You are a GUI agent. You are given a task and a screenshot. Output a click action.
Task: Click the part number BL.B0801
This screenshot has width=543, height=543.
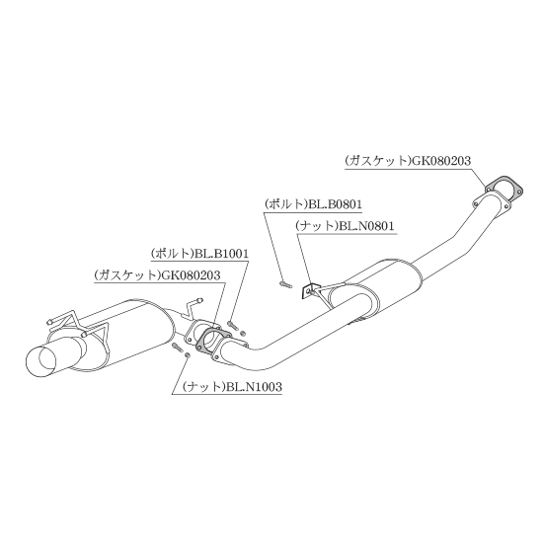(335, 204)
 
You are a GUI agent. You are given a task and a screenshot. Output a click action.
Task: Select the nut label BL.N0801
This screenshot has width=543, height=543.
(366, 226)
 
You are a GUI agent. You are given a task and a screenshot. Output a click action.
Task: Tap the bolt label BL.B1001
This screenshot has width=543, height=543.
(221, 254)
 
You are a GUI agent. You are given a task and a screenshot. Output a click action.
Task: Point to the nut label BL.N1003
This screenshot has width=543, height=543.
(254, 386)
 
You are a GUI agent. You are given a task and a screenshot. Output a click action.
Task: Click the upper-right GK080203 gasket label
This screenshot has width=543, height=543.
(440, 161)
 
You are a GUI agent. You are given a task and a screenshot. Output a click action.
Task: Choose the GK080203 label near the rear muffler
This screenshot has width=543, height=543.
(191, 275)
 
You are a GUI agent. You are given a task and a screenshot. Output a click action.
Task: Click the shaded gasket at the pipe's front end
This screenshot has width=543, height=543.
(504, 188)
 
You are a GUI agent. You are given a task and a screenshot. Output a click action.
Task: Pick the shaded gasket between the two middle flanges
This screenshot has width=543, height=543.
(212, 341)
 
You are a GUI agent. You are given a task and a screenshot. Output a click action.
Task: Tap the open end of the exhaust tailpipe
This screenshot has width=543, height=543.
(40, 360)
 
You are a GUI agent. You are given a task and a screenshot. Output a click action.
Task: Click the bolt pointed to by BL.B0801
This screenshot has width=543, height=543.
(285, 284)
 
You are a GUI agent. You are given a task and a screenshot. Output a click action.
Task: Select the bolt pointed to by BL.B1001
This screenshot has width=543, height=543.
(233, 325)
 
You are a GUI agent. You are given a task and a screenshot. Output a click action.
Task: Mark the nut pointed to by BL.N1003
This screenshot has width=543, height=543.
(187, 355)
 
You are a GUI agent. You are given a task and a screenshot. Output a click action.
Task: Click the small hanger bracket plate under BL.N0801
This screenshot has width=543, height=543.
(307, 291)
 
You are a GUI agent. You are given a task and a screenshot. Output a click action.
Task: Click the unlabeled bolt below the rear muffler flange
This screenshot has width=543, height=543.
(178, 348)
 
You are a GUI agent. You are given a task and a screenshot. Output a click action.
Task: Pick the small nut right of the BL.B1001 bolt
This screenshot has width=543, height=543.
(243, 333)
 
